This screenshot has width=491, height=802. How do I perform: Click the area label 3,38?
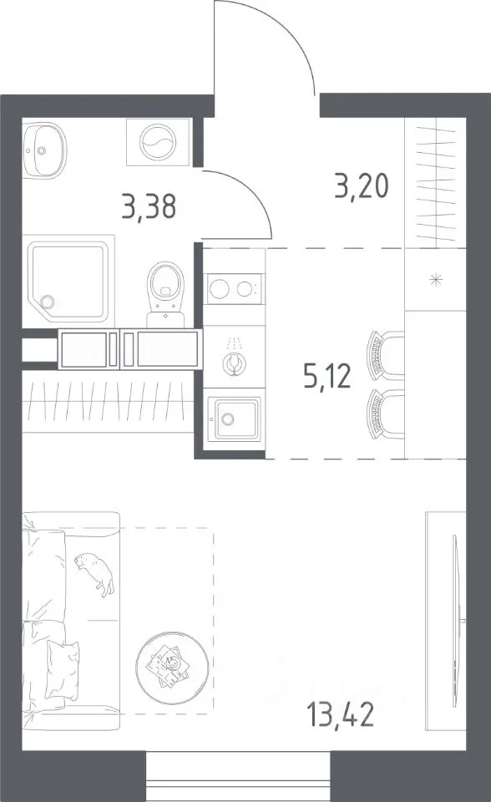[x=149, y=207]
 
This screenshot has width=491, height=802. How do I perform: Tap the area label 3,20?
[x=362, y=186]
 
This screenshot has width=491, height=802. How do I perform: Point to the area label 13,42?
[x=340, y=714]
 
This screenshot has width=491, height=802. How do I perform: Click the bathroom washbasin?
[x=44, y=149]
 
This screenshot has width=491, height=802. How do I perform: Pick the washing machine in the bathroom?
[x=158, y=142]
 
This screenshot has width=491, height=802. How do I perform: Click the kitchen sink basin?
[x=235, y=419]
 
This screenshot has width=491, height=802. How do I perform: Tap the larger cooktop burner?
[x=220, y=289]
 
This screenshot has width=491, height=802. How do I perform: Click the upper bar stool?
[x=385, y=356]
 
